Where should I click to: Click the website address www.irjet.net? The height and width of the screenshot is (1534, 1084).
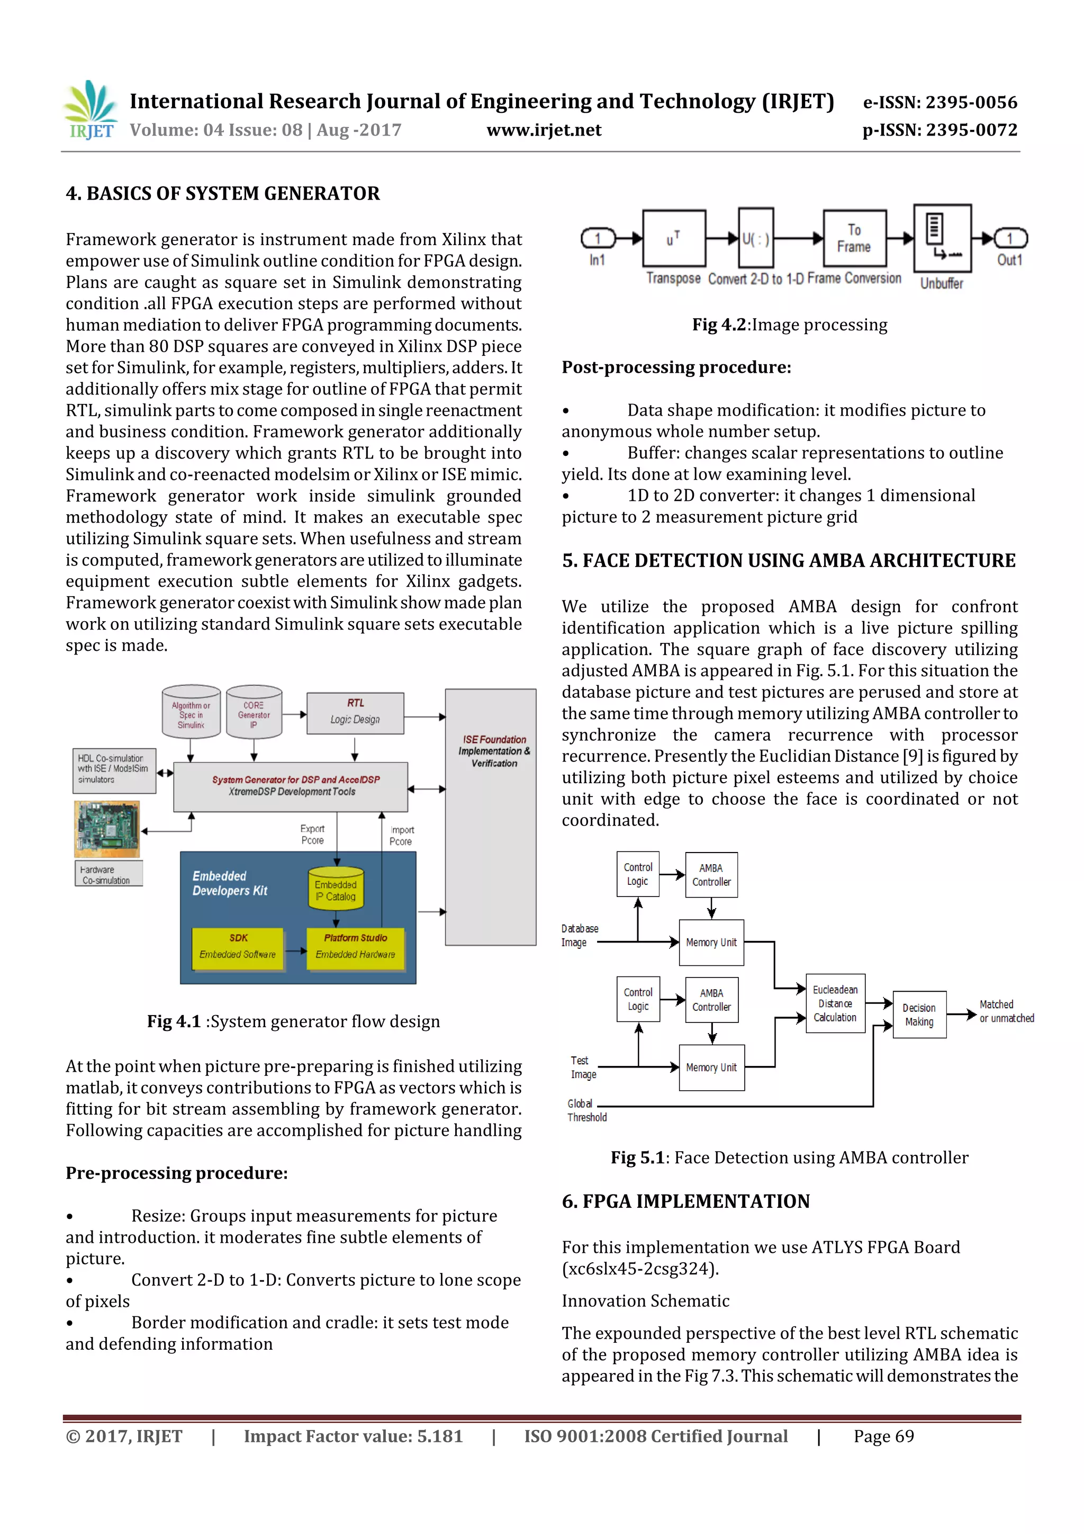click(x=544, y=130)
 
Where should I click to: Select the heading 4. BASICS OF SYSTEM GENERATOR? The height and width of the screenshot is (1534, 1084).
click(x=222, y=194)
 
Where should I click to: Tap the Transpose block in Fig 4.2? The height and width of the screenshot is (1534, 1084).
click(x=673, y=238)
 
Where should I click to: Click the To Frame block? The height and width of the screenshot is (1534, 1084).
click(x=854, y=238)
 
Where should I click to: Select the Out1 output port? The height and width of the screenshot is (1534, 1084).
click(x=1010, y=238)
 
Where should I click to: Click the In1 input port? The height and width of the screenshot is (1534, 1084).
click(x=598, y=238)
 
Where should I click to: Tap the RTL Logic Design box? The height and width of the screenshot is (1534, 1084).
click(x=355, y=712)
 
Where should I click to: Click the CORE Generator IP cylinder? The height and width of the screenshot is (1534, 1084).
click(x=254, y=712)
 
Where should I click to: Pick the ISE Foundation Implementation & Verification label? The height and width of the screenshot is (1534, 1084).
click(x=494, y=751)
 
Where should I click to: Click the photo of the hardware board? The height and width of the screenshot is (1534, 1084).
click(x=107, y=829)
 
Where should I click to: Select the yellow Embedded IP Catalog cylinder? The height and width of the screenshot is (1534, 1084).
click(x=336, y=889)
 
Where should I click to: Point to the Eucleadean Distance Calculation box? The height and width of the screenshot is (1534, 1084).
click(x=835, y=1003)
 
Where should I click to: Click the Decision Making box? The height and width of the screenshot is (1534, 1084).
click(x=919, y=1014)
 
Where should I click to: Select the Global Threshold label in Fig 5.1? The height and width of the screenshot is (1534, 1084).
click(x=586, y=1110)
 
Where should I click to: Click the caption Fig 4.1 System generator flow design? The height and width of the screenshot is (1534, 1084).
click(x=293, y=1021)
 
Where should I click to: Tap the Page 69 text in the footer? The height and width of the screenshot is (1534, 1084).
click(x=883, y=1437)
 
